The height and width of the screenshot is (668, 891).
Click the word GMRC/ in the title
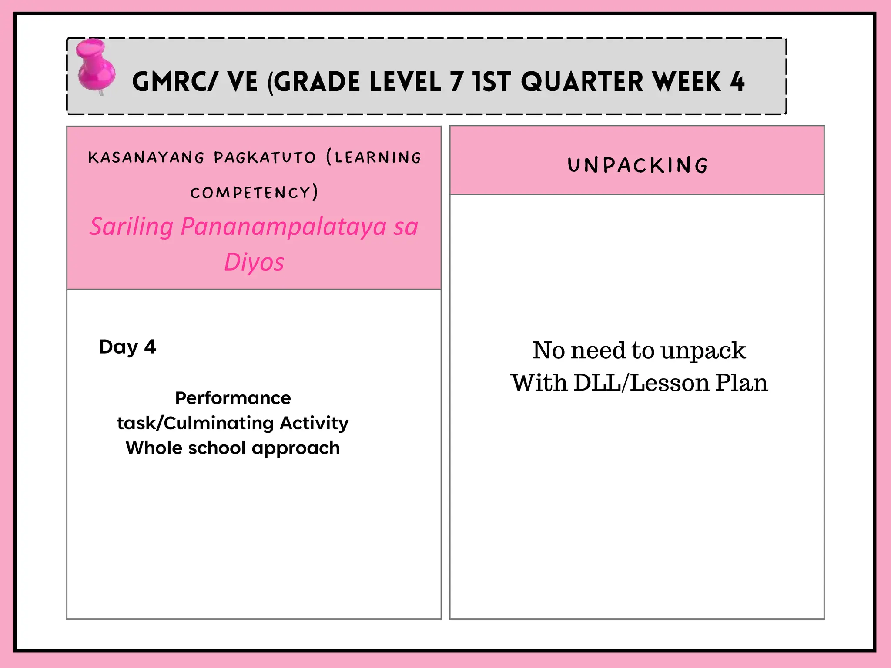[x=174, y=82]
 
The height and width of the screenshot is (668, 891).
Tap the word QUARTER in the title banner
[x=582, y=82]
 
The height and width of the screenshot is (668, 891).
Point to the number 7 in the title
[x=457, y=82]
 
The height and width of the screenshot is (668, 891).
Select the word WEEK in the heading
[x=687, y=82]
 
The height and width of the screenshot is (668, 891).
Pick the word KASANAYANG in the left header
[x=146, y=157]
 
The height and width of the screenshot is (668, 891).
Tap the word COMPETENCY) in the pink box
[x=254, y=193]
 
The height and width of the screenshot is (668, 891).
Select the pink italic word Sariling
[x=131, y=227]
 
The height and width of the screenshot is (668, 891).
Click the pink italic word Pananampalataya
[x=283, y=227]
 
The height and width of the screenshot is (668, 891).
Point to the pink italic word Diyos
[x=254, y=262]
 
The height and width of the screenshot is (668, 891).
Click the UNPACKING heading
[x=638, y=165]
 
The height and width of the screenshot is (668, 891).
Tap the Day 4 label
[x=127, y=347]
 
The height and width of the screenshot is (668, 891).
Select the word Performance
[x=233, y=398]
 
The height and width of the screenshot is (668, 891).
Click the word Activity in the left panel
[x=314, y=423]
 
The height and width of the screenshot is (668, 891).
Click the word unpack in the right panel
[x=703, y=351]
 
